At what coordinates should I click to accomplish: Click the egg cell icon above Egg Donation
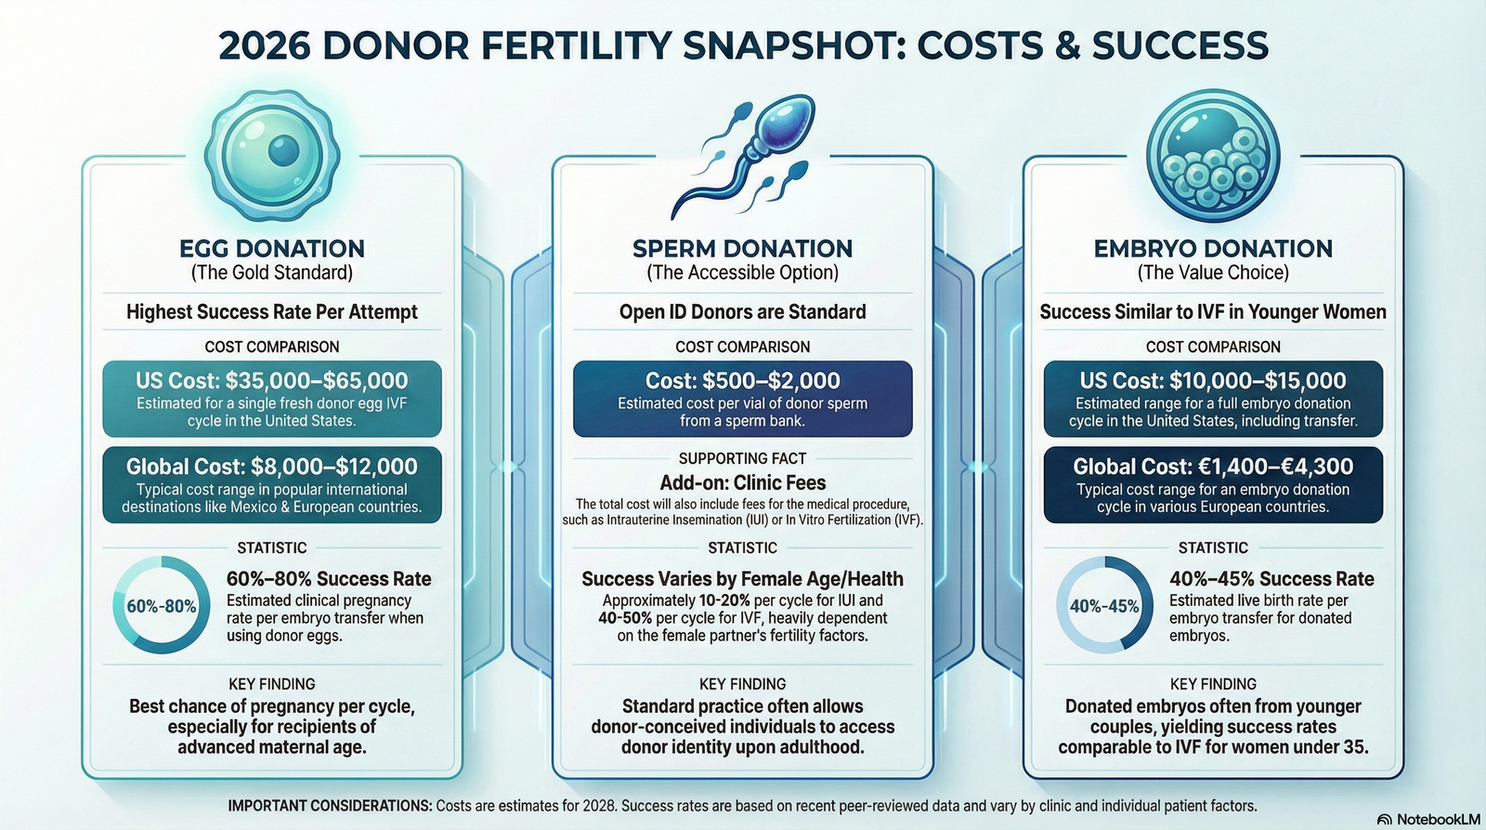coord(272,155)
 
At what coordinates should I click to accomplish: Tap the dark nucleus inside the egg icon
coord(284,151)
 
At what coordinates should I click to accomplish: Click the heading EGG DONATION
coord(272,248)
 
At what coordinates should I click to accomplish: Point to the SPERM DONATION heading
coord(742,248)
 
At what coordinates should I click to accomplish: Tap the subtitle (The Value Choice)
coord(1213,273)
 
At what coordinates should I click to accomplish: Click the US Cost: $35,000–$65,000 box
coord(272,399)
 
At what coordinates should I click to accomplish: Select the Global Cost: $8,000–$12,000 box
coord(272,485)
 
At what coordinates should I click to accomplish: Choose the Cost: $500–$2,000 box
coord(742,399)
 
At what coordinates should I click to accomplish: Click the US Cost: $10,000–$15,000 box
coord(1213,399)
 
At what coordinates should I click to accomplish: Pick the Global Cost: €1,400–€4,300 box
coord(1213,485)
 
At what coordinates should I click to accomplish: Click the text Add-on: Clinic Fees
coord(742,482)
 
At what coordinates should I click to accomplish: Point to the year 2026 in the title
coord(264,46)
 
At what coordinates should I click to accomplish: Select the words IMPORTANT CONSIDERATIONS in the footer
coord(331,806)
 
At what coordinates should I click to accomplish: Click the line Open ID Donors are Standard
coord(742,312)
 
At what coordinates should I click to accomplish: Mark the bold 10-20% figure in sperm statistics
coord(724,601)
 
